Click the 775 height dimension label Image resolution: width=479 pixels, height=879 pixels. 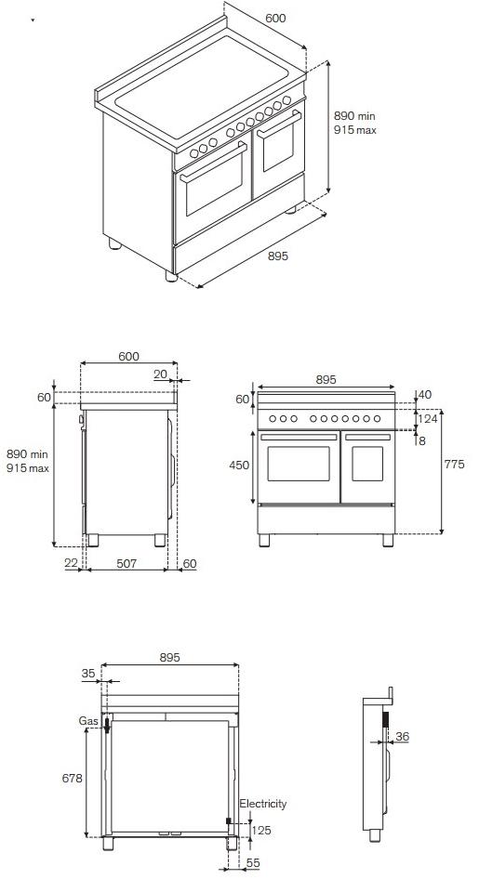tap(455, 465)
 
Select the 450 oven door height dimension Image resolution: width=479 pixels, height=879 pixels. tap(239, 465)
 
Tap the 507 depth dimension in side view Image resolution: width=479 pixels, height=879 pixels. tap(126, 563)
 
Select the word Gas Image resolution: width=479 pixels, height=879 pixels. tap(88, 720)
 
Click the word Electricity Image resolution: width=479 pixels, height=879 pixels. tap(263, 804)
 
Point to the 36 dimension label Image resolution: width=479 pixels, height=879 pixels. tap(402, 737)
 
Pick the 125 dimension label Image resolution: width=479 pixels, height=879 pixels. tap(263, 830)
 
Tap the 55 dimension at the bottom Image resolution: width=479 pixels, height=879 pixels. tap(253, 863)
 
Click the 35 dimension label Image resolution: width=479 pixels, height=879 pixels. tap(88, 674)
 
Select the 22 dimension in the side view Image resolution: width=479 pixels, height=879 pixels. tap(72, 563)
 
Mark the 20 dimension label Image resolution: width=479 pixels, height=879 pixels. tap(161, 374)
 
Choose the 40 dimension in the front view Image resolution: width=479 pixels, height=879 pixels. tap(425, 395)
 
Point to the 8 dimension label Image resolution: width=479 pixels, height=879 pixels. tap(422, 440)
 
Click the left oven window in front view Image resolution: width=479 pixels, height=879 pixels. tap(299, 465)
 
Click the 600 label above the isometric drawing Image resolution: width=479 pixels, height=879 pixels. tap(274, 18)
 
